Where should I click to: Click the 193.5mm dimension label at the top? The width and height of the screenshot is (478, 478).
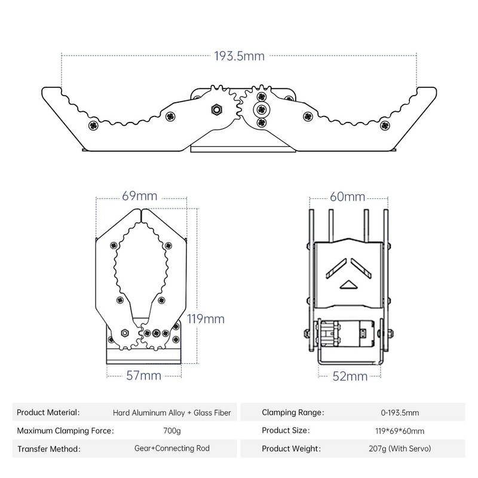[239, 57]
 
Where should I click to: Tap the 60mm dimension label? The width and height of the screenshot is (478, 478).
[347, 197]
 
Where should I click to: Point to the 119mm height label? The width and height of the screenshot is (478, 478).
[206, 318]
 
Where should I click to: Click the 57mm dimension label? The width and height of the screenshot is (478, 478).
[142, 375]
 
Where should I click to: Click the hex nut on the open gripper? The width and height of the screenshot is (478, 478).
[216, 109]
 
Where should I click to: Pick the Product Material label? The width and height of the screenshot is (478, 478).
[47, 412]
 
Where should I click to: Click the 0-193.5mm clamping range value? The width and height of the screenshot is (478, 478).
[400, 412]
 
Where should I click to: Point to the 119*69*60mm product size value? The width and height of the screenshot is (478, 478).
[400, 430]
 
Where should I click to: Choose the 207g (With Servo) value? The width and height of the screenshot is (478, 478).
[400, 449]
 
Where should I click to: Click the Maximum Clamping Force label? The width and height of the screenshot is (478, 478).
[65, 430]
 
